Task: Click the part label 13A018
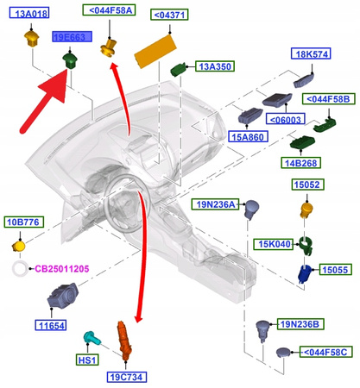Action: click(x=33, y=14)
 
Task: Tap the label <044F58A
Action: click(x=109, y=10)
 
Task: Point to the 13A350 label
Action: click(x=212, y=66)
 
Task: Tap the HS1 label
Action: click(x=87, y=359)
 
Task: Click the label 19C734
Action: click(x=126, y=376)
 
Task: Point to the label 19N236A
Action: click(x=212, y=204)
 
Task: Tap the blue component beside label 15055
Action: click(x=304, y=273)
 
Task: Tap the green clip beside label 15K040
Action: click(x=305, y=245)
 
